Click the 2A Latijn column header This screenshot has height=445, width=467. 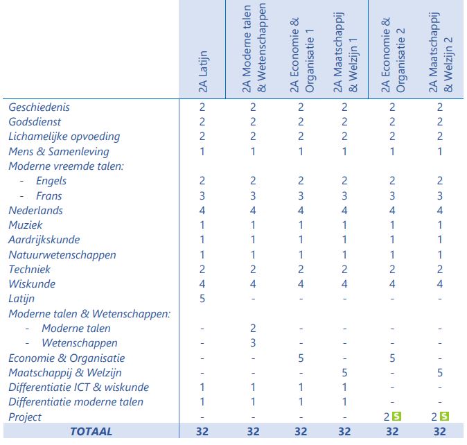point(203,72)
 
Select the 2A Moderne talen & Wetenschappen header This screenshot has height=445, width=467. point(254,48)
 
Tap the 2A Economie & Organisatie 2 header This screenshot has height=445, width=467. point(393,55)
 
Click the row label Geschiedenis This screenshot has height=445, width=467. point(39,107)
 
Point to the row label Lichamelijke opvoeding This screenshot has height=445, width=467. point(64,137)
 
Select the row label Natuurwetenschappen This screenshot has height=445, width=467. point(62,255)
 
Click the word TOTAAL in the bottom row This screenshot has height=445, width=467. point(91,431)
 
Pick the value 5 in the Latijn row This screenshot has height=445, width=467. point(202,299)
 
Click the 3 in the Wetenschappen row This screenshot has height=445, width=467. point(253,343)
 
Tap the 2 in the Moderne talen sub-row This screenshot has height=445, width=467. point(253,329)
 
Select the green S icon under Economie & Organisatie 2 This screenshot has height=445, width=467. point(397,416)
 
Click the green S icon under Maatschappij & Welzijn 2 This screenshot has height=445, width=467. point(444,416)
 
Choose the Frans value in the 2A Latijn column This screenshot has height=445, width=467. point(202,195)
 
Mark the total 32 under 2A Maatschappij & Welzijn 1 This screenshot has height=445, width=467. point(344,431)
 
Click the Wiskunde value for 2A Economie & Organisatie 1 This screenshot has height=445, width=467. point(301,284)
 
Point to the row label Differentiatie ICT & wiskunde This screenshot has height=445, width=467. point(78,387)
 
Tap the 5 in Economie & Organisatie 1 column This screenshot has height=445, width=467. point(301,358)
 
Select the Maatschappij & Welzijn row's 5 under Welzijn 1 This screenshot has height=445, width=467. point(344,372)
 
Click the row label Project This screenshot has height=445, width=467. point(25,417)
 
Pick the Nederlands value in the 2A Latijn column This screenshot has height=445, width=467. point(202,210)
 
